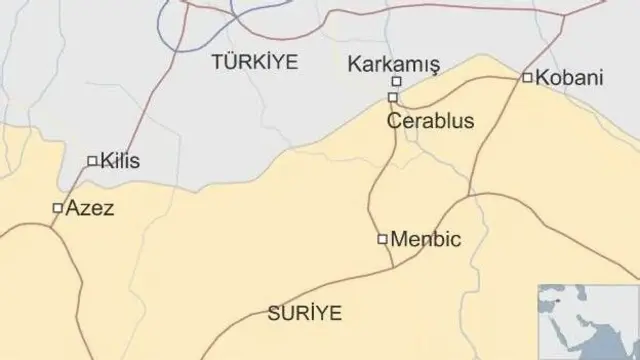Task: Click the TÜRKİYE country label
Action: [255, 62]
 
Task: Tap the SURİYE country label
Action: [304, 313]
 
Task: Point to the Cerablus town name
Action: [431, 121]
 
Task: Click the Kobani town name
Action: [570, 77]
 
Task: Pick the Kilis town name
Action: [120, 160]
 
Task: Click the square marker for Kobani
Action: [527, 77]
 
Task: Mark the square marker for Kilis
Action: [92, 160]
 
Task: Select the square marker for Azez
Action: [57, 208]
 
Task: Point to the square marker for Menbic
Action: [382, 239]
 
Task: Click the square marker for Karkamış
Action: [396, 82]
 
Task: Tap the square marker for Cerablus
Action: [393, 97]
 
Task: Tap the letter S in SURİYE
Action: [273, 313]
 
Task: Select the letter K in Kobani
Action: [542, 77]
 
